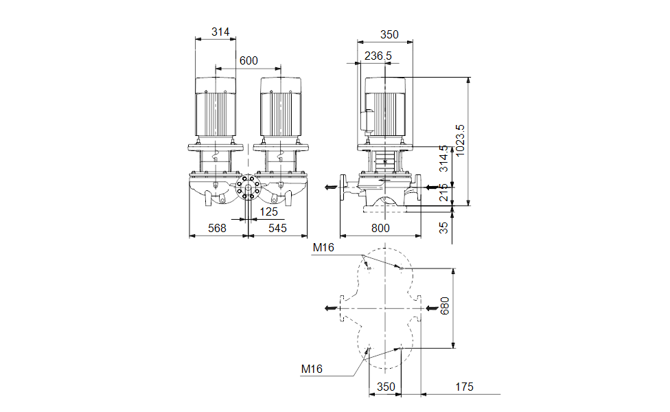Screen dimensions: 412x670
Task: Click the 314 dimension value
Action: (x=220, y=32)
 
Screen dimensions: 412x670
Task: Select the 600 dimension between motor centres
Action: (x=249, y=60)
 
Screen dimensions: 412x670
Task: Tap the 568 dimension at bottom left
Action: (x=217, y=228)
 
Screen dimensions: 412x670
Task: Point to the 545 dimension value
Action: (x=277, y=228)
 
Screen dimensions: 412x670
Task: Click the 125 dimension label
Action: (x=269, y=211)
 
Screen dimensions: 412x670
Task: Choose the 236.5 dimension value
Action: (x=378, y=56)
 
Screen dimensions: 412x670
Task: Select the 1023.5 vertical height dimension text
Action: (x=461, y=141)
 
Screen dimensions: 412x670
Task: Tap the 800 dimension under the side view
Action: (x=380, y=228)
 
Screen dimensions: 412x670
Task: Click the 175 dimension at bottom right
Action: (x=464, y=387)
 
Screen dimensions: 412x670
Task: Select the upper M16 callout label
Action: (x=323, y=247)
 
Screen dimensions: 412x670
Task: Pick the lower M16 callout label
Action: (x=312, y=369)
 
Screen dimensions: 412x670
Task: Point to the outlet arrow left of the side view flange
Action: (x=330, y=186)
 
